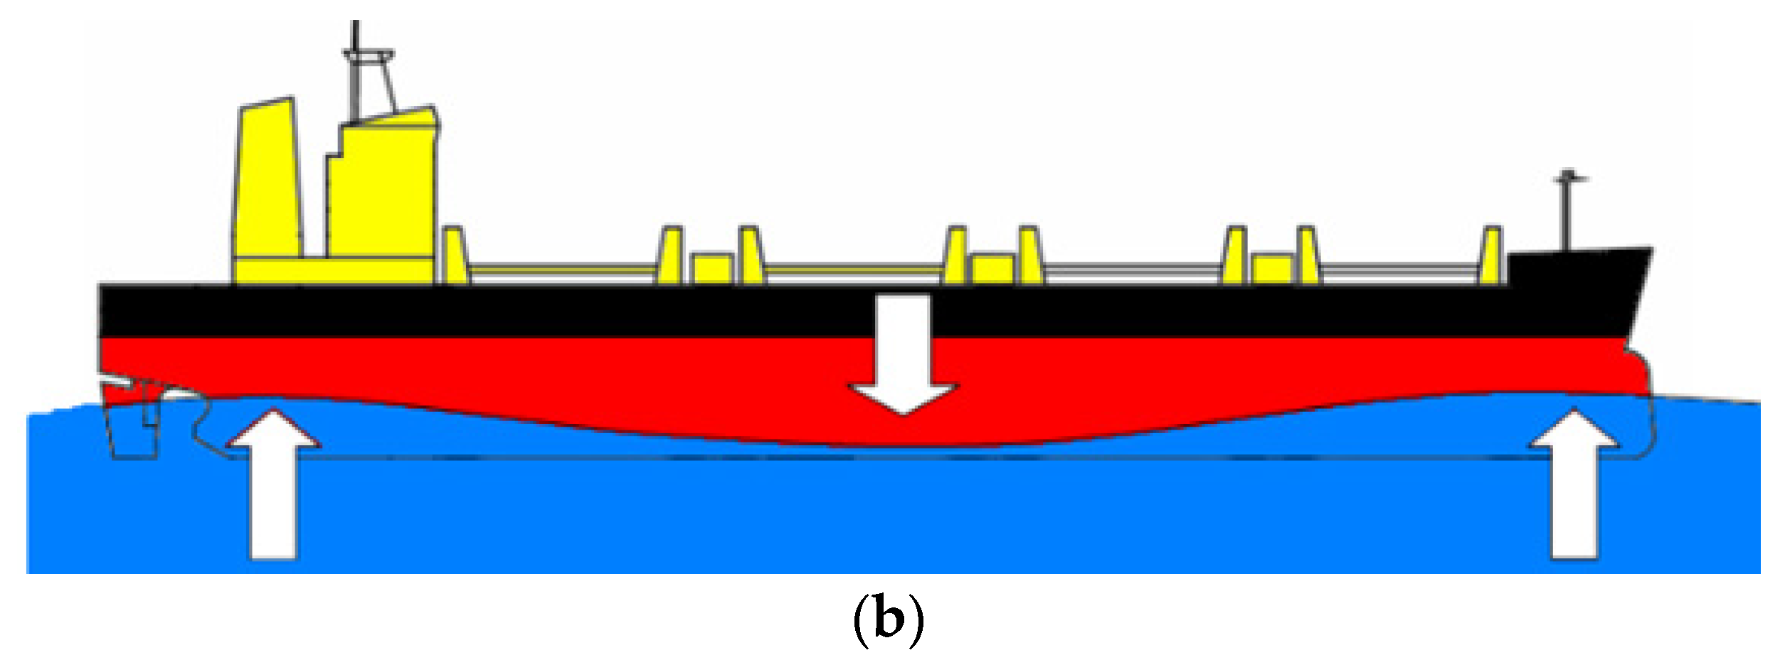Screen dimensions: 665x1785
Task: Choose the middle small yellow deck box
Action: click(993, 269)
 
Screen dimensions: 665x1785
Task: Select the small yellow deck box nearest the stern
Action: click(712, 269)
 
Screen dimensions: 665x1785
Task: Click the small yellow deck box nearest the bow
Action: click(1272, 269)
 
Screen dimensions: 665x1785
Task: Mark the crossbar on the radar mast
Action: click(368, 54)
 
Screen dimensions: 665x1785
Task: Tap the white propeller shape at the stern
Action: click(178, 393)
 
